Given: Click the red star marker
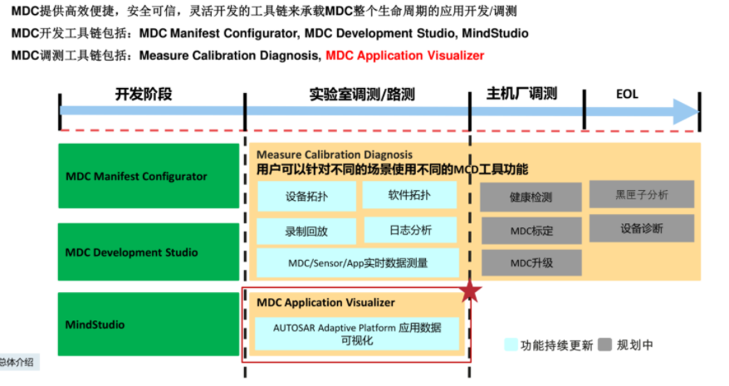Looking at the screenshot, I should coord(471,291).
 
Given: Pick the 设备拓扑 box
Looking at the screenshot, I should coord(306,197).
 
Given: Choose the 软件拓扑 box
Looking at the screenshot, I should coord(409,195).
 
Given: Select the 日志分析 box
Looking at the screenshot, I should coord(409,230).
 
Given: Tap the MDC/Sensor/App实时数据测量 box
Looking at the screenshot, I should coord(357,263).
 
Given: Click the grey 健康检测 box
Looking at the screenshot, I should coord(531,198).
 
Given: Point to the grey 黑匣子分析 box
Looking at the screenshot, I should coord(641,194).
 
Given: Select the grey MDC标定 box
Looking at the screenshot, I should coord(531,230).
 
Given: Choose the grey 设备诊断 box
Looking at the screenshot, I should coord(641,227).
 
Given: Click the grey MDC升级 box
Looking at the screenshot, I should coord(531,263).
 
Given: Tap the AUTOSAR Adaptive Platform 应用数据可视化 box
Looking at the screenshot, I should coord(357,334).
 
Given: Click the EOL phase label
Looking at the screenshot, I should coord(627,94).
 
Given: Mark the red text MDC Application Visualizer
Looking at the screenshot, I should coord(404,56).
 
